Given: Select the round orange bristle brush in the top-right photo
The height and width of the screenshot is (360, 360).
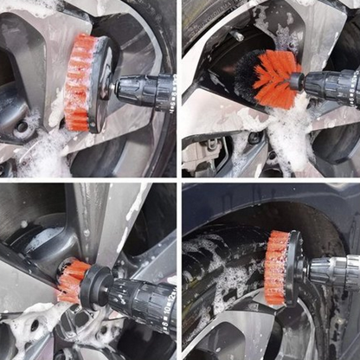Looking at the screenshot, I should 265,79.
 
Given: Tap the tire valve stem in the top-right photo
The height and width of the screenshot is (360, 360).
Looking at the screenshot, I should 235,36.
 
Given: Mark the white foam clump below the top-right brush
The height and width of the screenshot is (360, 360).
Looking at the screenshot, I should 290,130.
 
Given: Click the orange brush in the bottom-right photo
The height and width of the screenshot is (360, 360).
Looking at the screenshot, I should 277,267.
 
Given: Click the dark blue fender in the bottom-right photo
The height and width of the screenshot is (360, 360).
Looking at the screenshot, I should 260,197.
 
